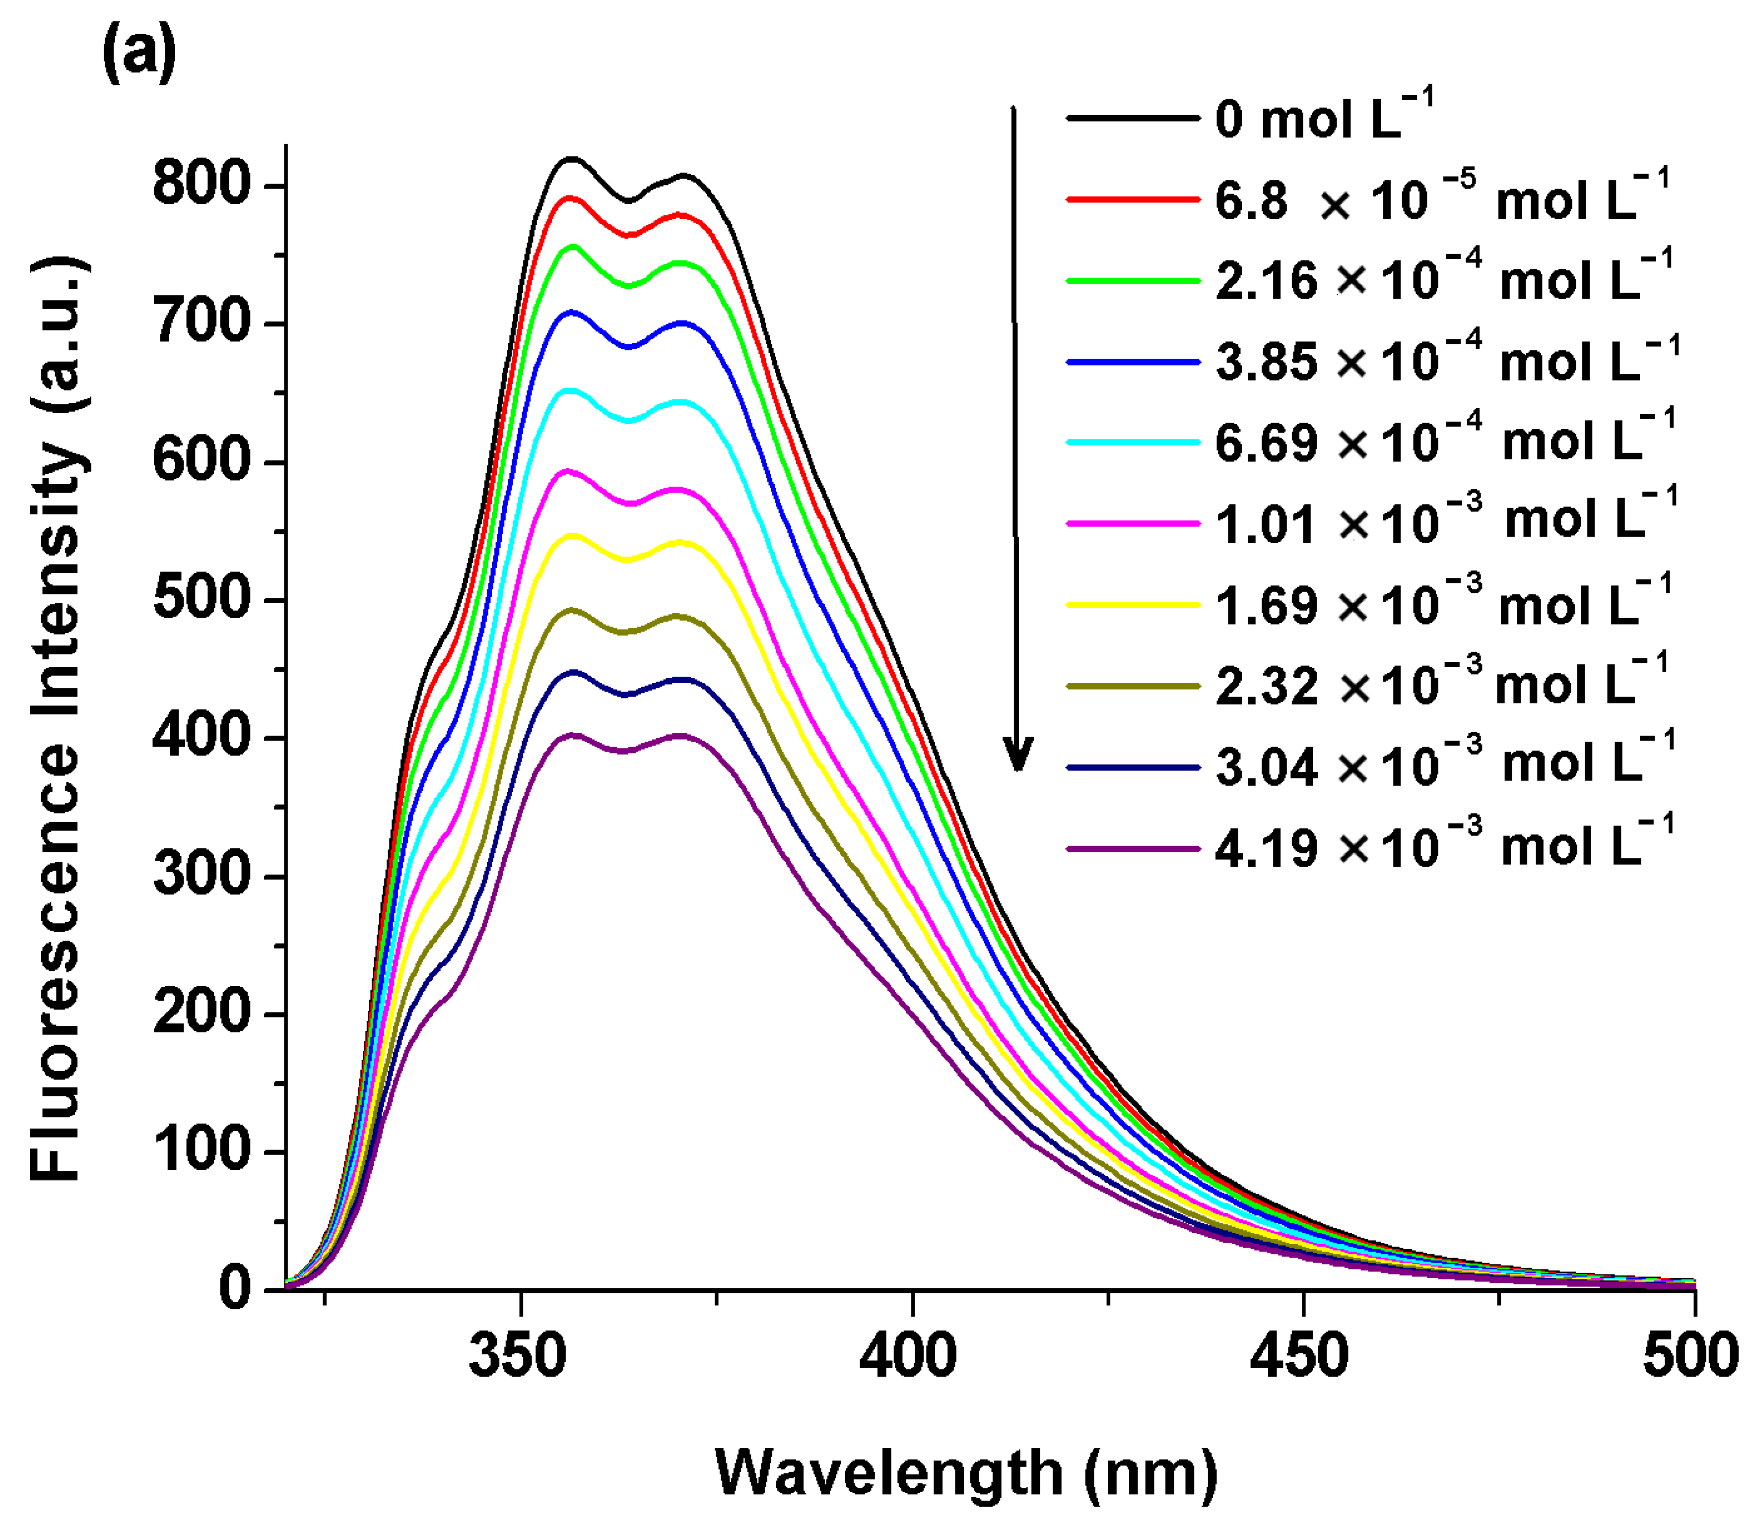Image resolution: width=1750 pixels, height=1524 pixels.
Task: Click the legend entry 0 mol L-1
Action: pyautogui.click(x=1323, y=118)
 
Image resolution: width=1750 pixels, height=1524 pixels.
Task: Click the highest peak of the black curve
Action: pyautogui.click(x=572, y=158)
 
